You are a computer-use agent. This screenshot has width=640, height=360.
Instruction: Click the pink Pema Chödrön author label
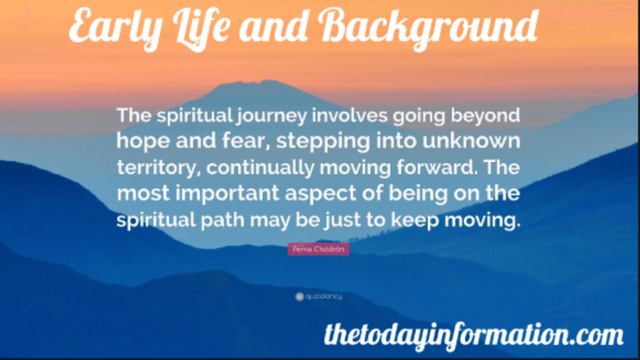click(318, 249)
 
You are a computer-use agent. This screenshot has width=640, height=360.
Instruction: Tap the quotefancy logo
click(318, 296)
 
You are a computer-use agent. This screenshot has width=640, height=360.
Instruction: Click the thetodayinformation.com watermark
click(473, 334)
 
